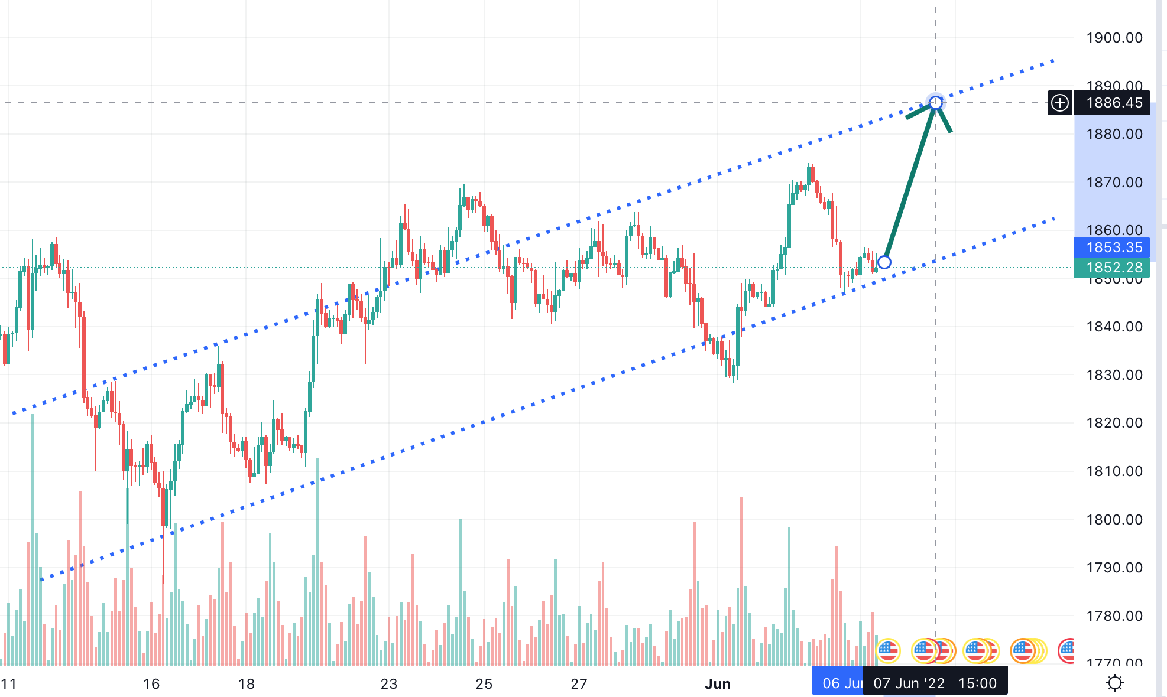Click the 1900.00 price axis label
click(x=1114, y=38)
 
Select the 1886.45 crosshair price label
click(x=1114, y=103)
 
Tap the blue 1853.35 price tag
click(x=1114, y=247)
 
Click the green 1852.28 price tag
click(x=1114, y=268)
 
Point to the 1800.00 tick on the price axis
click(x=1114, y=520)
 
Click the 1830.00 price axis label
click(x=1114, y=375)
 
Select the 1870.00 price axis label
click(x=1114, y=183)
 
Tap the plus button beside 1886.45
click(x=1060, y=103)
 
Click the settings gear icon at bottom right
click(x=1114, y=683)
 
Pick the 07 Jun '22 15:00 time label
click(x=935, y=683)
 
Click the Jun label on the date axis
click(x=718, y=684)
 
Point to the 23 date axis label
click(x=389, y=684)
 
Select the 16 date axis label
click(x=151, y=684)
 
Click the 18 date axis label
click(x=247, y=684)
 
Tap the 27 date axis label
click(x=579, y=684)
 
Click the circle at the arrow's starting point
click(x=884, y=262)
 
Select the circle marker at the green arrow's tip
click(x=935, y=103)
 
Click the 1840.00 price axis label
click(x=1114, y=327)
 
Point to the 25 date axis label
click(x=484, y=684)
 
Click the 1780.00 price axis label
click(x=1114, y=616)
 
